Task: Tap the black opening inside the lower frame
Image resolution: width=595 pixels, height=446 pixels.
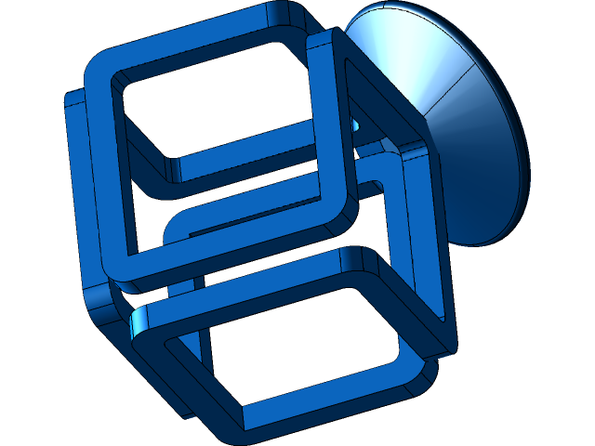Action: click(x=297, y=344)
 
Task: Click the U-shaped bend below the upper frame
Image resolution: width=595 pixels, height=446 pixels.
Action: click(x=177, y=228)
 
